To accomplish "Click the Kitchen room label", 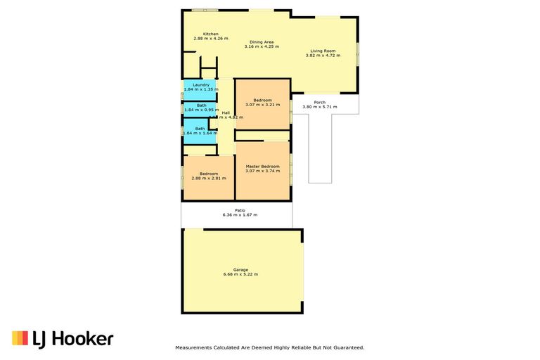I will pos(211,34).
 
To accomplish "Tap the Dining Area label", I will pos(262,41).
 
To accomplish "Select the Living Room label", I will pos(323,51).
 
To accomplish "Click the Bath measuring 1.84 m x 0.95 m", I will pos(200,108).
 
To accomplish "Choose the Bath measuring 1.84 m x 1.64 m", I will pos(200,131).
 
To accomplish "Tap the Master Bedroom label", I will pos(262,166).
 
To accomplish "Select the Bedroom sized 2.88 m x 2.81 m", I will pos(208,176).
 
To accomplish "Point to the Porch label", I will pos(319,102).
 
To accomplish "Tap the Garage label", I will pos(240,269).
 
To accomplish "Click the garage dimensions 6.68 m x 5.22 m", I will pos(240,274).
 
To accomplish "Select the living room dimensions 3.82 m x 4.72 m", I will pos(323,56).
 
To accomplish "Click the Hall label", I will pos(226,112).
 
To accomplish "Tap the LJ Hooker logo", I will pos(63,339).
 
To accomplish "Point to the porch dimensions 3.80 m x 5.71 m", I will pos(319,107).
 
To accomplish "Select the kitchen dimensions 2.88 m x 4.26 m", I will pos(211,39).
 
